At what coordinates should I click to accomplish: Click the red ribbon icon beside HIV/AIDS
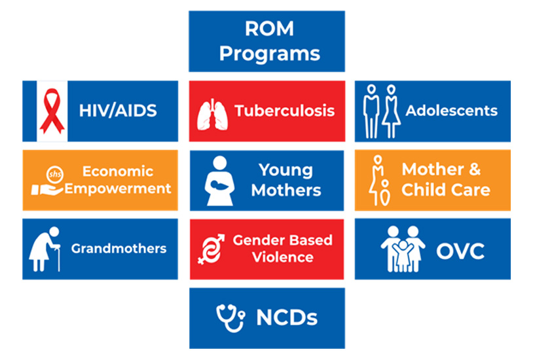pos(51,111)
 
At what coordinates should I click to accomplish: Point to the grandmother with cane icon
pos(45,249)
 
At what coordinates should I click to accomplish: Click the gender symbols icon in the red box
pos(212,249)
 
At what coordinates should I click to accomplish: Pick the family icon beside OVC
pos(403,249)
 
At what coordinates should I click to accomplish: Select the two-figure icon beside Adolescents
pos(381,111)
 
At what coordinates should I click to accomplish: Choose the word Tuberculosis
pos(285,111)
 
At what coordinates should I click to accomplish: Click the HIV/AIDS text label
pos(118,111)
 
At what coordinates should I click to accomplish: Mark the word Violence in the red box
pos(282,257)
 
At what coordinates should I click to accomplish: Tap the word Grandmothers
pos(119,249)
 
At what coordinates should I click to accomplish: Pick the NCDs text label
pos(287,319)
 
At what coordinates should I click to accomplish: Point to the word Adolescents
pos(451,111)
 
